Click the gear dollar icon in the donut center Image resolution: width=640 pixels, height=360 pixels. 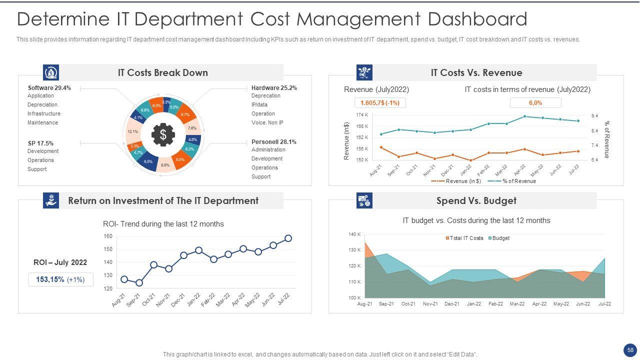[x=162, y=134]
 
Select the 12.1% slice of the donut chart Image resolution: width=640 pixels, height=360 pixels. [x=132, y=131]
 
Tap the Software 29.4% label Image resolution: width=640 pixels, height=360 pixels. [x=49, y=88]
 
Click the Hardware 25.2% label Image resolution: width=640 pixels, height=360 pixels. [x=274, y=88]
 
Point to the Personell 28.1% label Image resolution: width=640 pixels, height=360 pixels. [x=273, y=142]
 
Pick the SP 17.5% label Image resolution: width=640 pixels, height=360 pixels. [x=40, y=143]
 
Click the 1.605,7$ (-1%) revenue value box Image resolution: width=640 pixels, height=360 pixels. [x=380, y=103]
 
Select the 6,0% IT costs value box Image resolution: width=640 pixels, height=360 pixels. [x=535, y=103]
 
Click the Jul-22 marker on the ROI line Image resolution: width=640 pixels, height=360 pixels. [x=288, y=238]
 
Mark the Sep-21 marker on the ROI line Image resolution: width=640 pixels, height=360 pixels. [x=139, y=283]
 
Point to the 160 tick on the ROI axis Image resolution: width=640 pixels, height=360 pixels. [x=108, y=236]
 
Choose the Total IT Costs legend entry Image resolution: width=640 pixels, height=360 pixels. [x=464, y=238]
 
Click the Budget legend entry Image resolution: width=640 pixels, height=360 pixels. [x=498, y=238]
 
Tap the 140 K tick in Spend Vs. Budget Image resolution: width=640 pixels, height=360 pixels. [x=354, y=234]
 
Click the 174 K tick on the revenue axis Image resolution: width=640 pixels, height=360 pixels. [x=362, y=115]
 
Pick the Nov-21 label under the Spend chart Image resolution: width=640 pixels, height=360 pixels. [x=430, y=304]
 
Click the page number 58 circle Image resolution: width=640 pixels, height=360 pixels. [x=630, y=350]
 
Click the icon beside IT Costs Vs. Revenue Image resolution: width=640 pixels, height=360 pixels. [x=364, y=72]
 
